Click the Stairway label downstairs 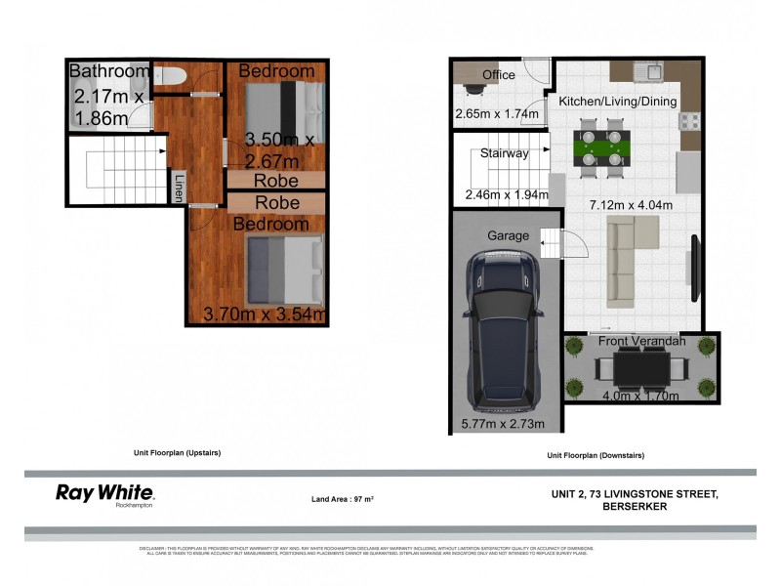504,153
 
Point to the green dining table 599,151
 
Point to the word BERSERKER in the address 636,506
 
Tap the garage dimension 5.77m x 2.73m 503,424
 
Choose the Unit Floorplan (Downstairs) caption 596,455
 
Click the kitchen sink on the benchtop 647,70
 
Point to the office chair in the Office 473,90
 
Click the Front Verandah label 642,341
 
